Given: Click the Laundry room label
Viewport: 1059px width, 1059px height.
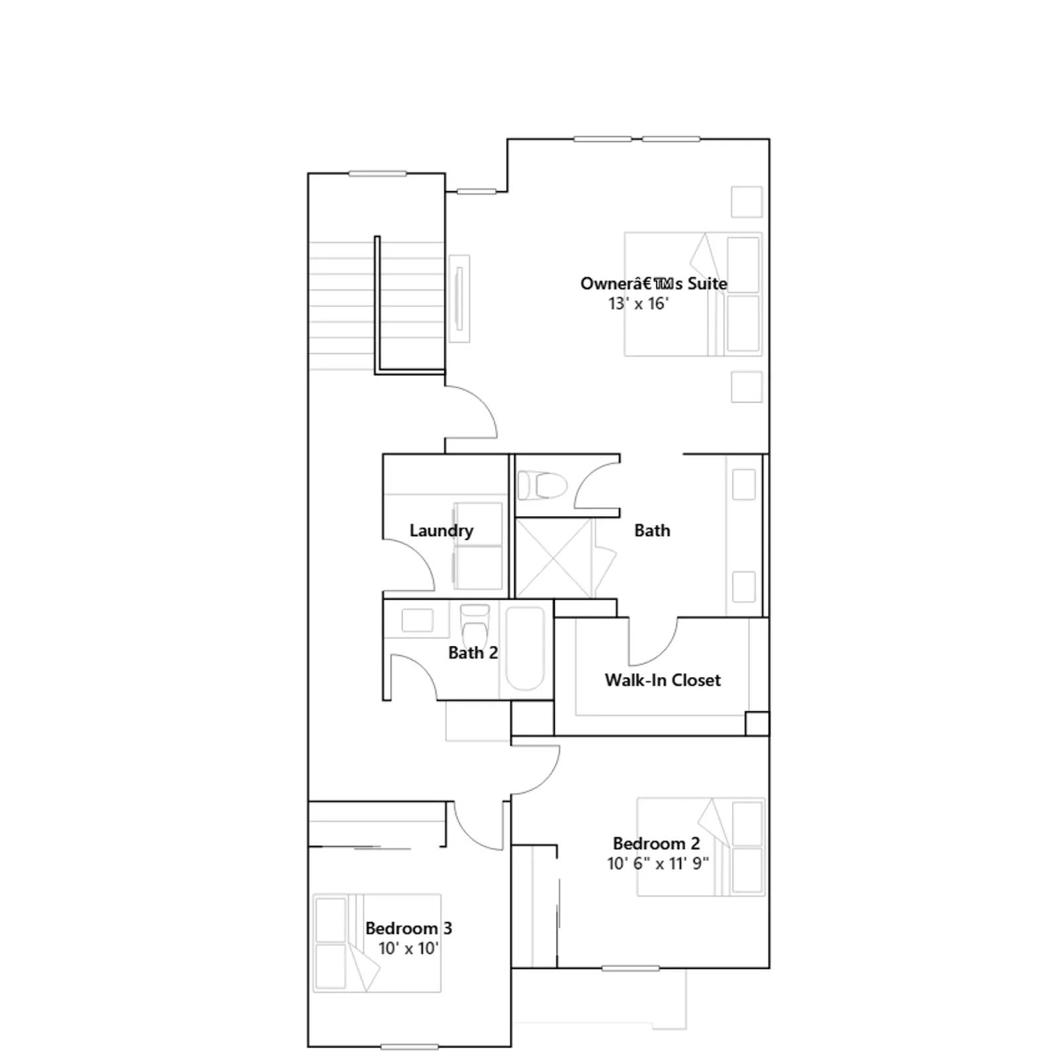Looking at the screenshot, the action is click(x=441, y=530).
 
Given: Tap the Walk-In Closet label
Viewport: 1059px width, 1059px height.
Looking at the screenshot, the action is click(x=663, y=680).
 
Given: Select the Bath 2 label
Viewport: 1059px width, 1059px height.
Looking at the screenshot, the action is click(x=473, y=653).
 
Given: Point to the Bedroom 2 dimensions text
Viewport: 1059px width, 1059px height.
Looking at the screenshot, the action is click(x=658, y=863).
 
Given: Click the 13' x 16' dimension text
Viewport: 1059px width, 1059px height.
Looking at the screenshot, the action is click(x=639, y=304).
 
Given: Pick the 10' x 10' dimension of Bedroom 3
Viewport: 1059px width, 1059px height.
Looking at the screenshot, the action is click(x=408, y=948).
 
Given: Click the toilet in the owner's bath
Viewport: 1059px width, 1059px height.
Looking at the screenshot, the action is click(x=543, y=485).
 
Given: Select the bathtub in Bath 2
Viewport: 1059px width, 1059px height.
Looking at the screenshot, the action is click(x=526, y=649).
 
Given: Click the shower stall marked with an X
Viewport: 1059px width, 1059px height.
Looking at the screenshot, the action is click(x=554, y=559).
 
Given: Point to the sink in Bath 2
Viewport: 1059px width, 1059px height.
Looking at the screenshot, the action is click(x=418, y=621).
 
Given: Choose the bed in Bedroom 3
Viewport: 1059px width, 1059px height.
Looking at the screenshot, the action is click(x=377, y=943).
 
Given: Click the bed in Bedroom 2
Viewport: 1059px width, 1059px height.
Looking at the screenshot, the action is click(x=701, y=847).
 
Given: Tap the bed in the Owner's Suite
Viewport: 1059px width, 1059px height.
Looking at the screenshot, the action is click(x=693, y=294).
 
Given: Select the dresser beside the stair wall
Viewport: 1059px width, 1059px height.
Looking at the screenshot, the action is click(x=459, y=299).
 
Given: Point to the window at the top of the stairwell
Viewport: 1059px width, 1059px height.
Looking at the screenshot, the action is click(x=377, y=174).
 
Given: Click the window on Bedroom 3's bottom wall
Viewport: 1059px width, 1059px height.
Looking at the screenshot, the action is click(x=410, y=1046).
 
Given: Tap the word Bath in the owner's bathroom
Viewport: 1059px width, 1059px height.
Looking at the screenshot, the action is click(x=652, y=530).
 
